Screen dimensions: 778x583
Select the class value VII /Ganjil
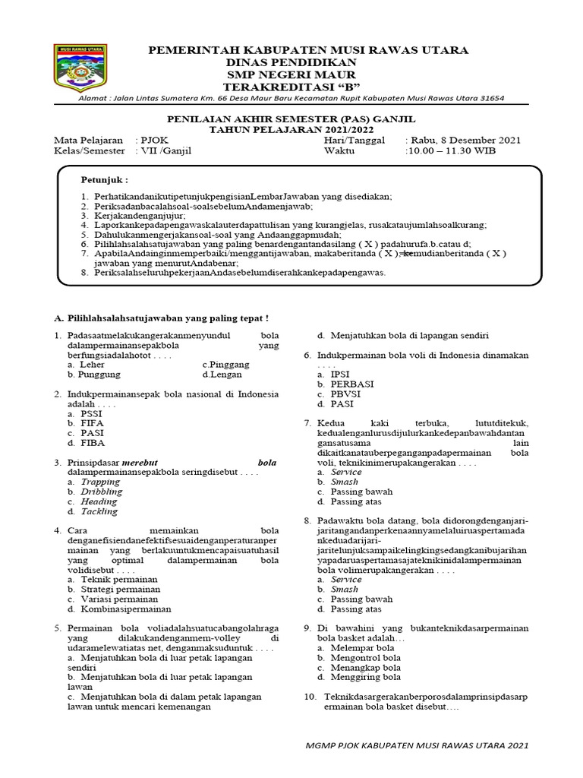[x=164, y=150]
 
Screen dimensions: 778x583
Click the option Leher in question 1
[x=92, y=365]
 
